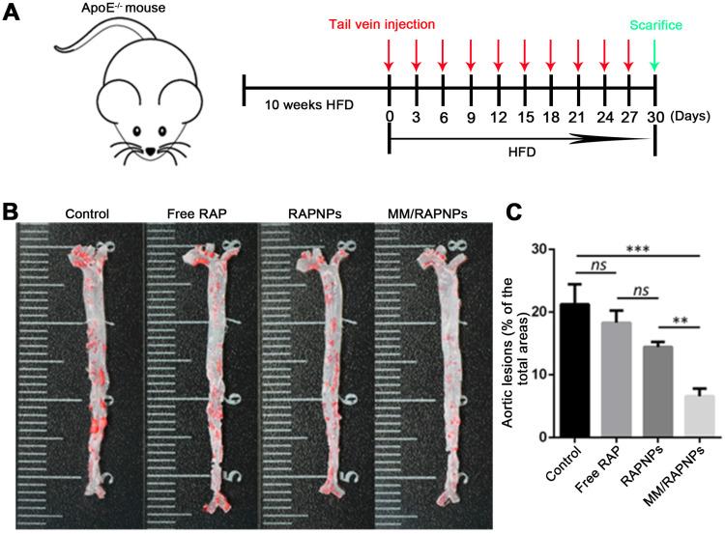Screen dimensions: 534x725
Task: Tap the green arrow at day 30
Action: point(656,63)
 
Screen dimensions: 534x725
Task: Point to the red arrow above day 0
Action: point(389,63)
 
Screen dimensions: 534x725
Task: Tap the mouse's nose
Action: point(154,151)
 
